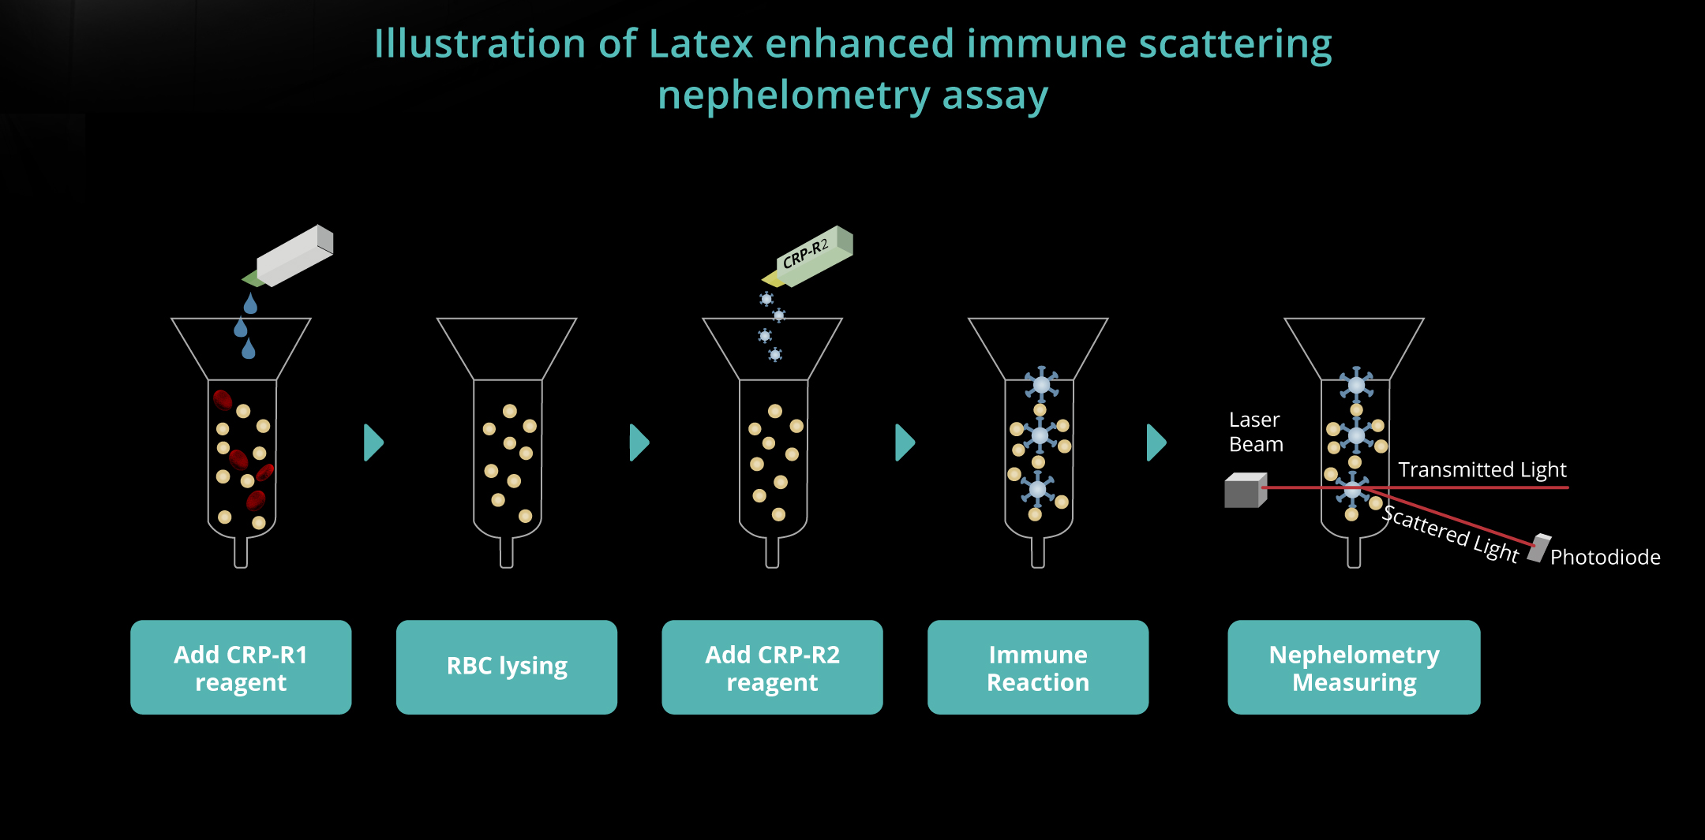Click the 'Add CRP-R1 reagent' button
(241, 667)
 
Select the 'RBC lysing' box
(507, 667)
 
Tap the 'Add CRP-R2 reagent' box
(772, 667)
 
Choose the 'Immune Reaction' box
(1038, 667)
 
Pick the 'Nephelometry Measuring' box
(1354, 667)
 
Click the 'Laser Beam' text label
(1256, 432)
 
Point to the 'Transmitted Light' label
(1482, 470)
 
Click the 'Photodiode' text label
(1605, 557)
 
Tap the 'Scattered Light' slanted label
(1451, 534)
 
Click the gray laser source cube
(1246, 491)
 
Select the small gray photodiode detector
(1538, 548)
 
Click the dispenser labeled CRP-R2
(808, 257)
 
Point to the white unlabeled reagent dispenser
(287, 256)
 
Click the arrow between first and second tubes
(373, 442)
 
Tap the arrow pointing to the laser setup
(1156, 442)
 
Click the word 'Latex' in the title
(700, 44)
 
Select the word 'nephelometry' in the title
(794, 96)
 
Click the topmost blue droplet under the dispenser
(250, 304)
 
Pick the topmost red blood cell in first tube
(223, 400)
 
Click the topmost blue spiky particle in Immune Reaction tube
(1042, 384)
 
